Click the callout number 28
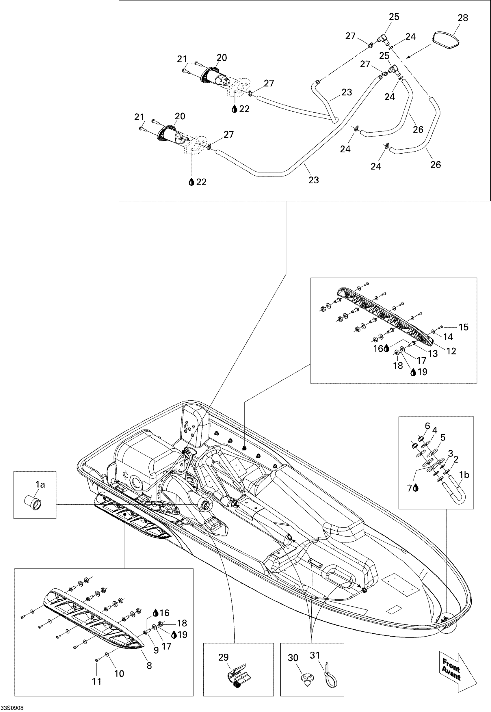tap(463, 18)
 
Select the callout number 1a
tap(40, 485)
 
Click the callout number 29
tap(223, 657)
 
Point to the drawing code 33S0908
tap(12, 708)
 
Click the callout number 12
tap(451, 351)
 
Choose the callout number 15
tap(463, 327)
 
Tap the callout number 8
tap(149, 665)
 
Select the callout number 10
tap(119, 674)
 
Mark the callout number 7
tap(410, 488)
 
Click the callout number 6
tap(427, 426)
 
